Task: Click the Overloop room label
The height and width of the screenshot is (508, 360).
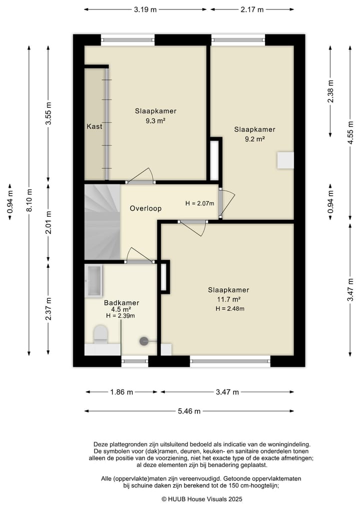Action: pyautogui.click(x=145, y=208)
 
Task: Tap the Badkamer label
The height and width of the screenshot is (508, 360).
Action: pyautogui.click(x=121, y=303)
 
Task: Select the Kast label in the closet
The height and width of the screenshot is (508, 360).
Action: pyautogui.click(x=94, y=126)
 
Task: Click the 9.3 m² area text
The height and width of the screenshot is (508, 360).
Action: pyautogui.click(x=155, y=121)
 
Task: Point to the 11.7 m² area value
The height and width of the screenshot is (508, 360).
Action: pyautogui.click(x=228, y=299)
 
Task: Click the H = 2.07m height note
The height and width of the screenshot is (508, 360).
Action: pyautogui.click(x=200, y=203)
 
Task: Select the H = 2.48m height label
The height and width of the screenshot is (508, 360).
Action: pyautogui.click(x=230, y=309)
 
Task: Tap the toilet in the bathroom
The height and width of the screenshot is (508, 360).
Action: pyautogui.click(x=100, y=334)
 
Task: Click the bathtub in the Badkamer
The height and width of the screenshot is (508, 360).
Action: pyautogui.click(x=93, y=281)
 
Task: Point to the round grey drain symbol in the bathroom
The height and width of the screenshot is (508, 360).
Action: pyautogui.click(x=143, y=341)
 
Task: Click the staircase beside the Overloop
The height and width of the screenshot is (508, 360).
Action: pyautogui.click(x=102, y=222)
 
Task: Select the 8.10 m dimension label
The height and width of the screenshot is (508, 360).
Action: pyautogui.click(x=29, y=200)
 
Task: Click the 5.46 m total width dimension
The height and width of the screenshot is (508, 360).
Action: pyautogui.click(x=189, y=411)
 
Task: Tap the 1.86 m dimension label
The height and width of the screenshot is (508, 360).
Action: pyautogui.click(x=121, y=392)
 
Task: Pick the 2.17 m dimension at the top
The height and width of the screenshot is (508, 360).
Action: pyautogui.click(x=252, y=9)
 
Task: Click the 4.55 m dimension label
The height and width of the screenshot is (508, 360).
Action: pyautogui.click(x=350, y=133)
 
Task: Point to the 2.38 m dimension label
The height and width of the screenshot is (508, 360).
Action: pyautogui.click(x=330, y=91)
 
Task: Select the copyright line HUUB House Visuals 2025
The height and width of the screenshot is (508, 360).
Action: pyautogui.click(x=202, y=499)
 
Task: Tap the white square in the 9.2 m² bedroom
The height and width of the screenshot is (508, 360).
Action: pyautogui.click(x=285, y=160)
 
